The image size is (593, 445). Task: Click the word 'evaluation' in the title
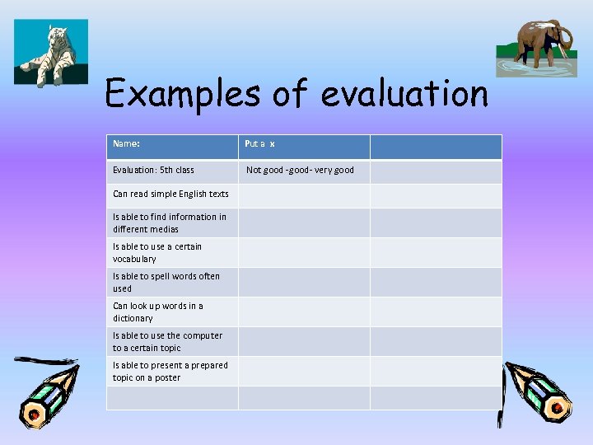pyautogui.click(x=404, y=94)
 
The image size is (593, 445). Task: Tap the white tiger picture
pyautogui.click(x=50, y=53)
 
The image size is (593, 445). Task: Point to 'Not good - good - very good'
pyautogui.click(x=299, y=171)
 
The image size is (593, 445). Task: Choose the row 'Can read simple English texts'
pyautogui.click(x=170, y=194)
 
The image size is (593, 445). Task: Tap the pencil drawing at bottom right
pyautogui.click(x=535, y=391)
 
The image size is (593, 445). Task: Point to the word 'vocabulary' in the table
pyautogui.click(x=134, y=259)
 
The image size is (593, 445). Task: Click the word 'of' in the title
pyautogui.click(x=289, y=94)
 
